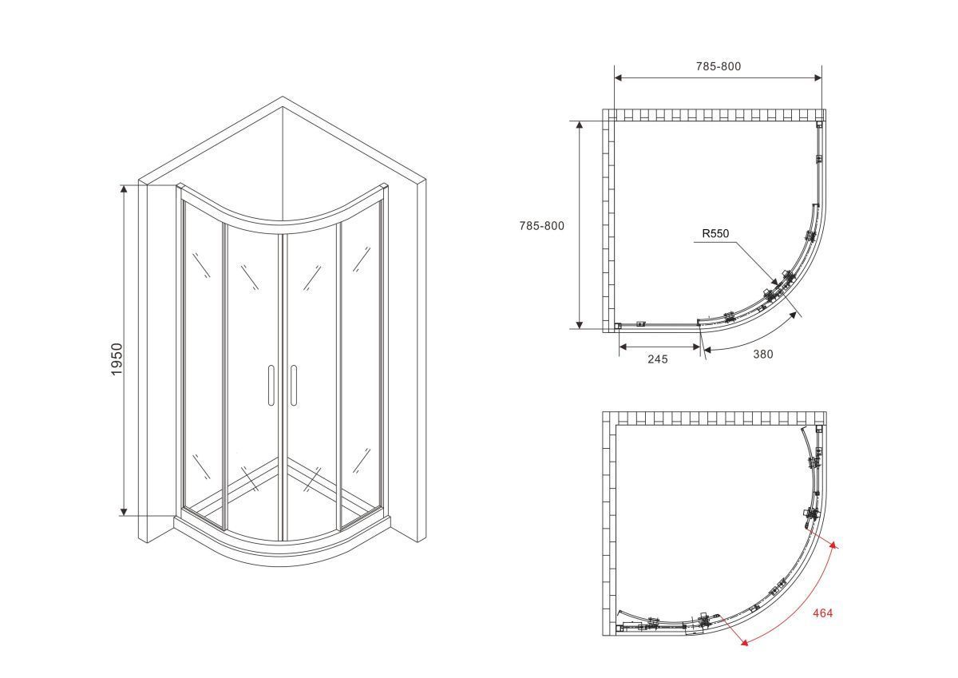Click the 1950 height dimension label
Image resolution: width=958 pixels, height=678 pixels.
click(117, 359)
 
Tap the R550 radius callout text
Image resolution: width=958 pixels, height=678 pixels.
click(715, 233)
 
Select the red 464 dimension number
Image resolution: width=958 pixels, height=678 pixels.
click(822, 613)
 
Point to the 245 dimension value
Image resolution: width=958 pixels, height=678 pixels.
click(657, 359)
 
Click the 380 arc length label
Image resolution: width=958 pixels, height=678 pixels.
click(763, 355)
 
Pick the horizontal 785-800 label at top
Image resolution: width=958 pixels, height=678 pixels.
click(718, 66)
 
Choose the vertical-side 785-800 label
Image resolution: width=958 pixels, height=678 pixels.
click(542, 226)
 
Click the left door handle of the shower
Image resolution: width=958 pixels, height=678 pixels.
click(271, 385)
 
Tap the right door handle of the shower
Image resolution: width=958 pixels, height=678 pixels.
click(294, 385)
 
